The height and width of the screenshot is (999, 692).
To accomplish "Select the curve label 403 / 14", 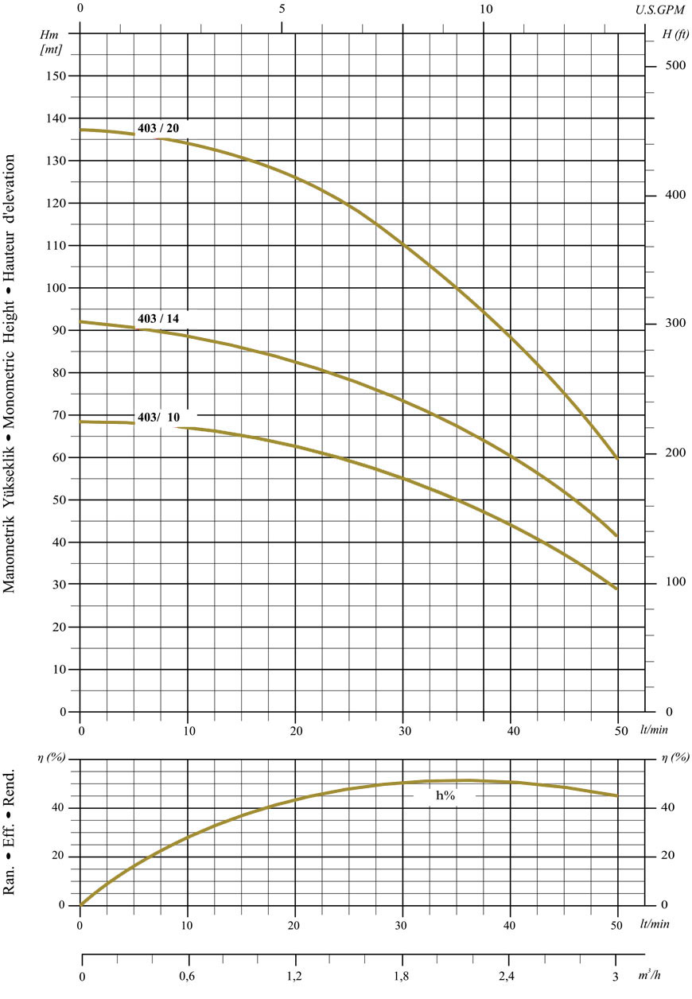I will tap(158, 318).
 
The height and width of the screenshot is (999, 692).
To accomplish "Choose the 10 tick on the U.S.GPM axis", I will tap(487, 10).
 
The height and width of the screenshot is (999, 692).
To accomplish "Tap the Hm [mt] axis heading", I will tap(50, 42).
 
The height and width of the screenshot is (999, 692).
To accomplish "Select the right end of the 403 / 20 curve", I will tap(617, 458).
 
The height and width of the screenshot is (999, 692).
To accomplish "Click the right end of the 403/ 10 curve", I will tap(617, 589).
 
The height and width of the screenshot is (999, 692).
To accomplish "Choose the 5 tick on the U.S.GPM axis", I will tap(283, 10).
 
